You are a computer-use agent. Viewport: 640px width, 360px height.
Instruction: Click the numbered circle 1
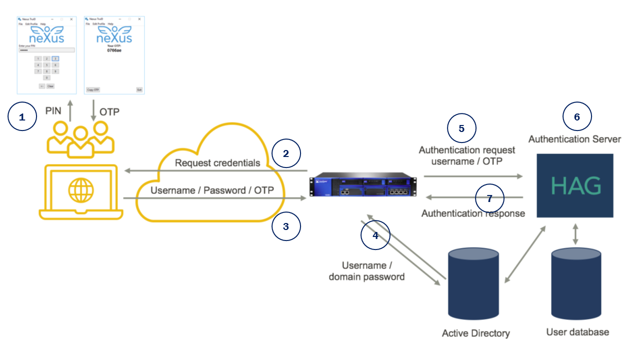[x=22, y=117]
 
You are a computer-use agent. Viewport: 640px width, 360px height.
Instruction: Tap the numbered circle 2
[x=286, y=153]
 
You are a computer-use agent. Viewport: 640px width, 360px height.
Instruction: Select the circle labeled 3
[x=286, y=226]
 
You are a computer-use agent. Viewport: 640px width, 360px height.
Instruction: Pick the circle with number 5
[x=461, y=128]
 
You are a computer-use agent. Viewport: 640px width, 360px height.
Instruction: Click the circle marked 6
[x=577, y=116]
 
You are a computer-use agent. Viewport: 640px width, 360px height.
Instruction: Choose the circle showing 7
[x=489, y=198]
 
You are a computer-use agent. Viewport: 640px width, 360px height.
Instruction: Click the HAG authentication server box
[x=575, y=185]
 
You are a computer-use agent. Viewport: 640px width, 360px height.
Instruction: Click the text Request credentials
[x=217, y=163]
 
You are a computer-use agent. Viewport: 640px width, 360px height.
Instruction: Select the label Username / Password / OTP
[x=212, y=190]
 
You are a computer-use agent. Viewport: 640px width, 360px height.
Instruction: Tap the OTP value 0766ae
[x=114, y=50]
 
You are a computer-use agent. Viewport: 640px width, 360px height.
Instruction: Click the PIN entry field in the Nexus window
[x=46, y=50]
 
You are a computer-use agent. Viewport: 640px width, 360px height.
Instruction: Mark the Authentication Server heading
[x=574, y=139]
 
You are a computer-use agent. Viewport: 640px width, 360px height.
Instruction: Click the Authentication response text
[x=473, y=213]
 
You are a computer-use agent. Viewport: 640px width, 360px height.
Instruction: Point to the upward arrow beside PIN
[x=70, y=110]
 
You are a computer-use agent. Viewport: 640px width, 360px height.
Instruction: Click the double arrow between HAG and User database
[x=575, y=234]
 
